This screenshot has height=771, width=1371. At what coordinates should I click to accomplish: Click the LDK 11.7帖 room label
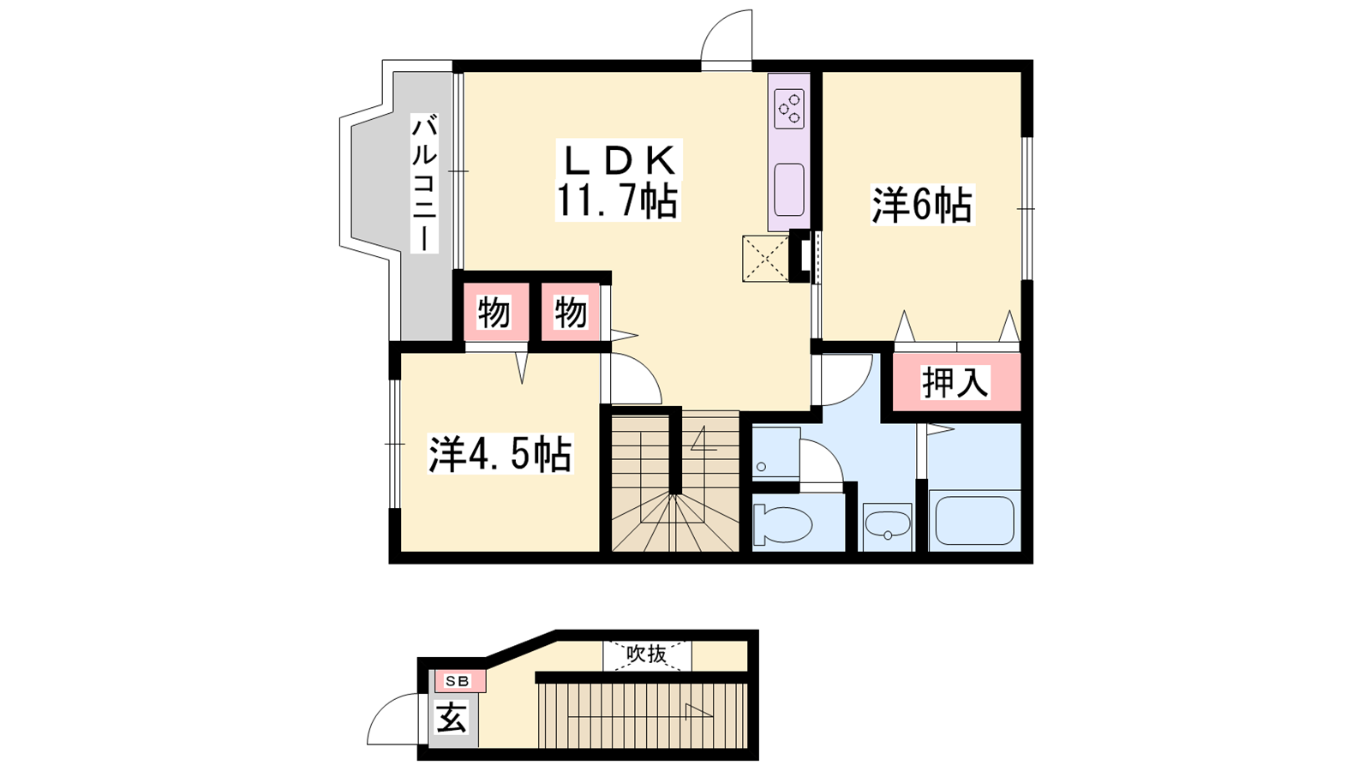tap(618, 180)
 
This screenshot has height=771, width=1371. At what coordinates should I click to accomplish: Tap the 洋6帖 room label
tap(922, 206)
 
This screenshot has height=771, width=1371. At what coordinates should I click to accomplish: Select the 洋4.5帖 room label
tap(500, 454)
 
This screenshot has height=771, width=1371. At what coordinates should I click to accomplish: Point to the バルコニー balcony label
tap(424, 183)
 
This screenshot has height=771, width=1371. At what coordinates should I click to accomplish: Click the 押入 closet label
tap(955, 382)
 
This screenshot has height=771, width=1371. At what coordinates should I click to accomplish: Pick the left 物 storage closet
tap(494, 313)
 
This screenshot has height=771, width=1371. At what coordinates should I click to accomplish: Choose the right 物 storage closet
tap(571, 313)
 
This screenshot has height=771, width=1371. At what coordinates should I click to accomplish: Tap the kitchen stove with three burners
tap(789, 109)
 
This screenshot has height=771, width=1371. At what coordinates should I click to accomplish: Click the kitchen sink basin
tap(789, 189)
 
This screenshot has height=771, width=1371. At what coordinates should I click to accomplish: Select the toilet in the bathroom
tap(782, 523)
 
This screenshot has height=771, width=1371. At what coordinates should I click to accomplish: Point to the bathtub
tap(974, 520)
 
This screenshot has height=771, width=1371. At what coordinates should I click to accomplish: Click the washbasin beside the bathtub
tap(888, 526)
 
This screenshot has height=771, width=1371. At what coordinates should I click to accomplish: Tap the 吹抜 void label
tap(646, 654)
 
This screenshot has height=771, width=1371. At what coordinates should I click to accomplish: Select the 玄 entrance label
tap(452, 718)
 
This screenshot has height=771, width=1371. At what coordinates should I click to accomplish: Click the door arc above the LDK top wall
tap(717, 25)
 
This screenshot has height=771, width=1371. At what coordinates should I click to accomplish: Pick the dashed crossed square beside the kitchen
tap(766, 259)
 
